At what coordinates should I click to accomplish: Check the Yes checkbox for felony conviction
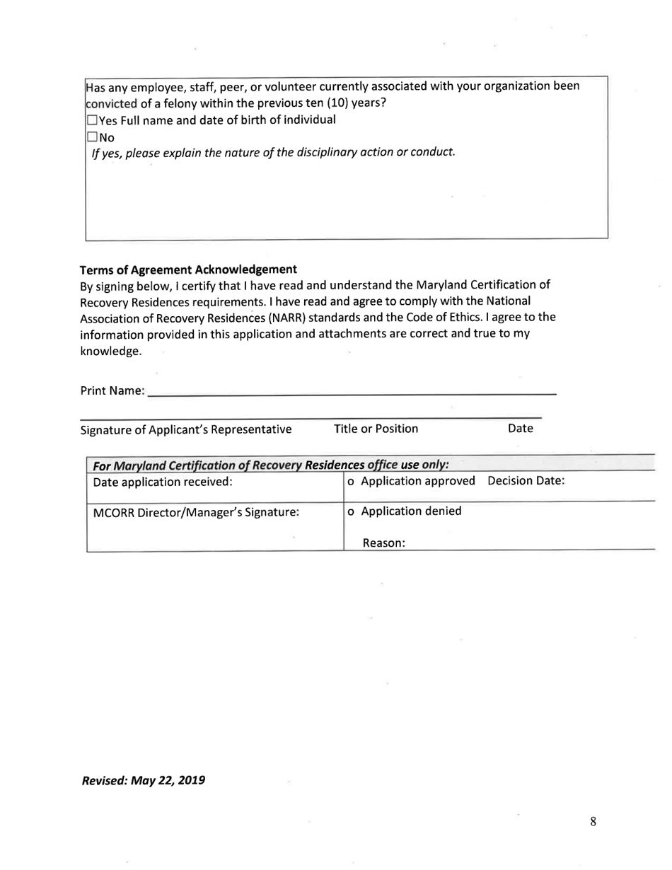pos(91,120)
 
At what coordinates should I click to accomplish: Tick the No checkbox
pos(91,136)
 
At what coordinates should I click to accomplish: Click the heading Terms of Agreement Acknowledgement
pos(187,269)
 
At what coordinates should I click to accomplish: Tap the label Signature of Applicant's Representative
pos(185,429)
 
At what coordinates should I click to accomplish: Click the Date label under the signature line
pos(520,429)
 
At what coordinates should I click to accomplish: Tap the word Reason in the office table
pos(383,543)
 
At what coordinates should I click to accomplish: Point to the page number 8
pos(593,821)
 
